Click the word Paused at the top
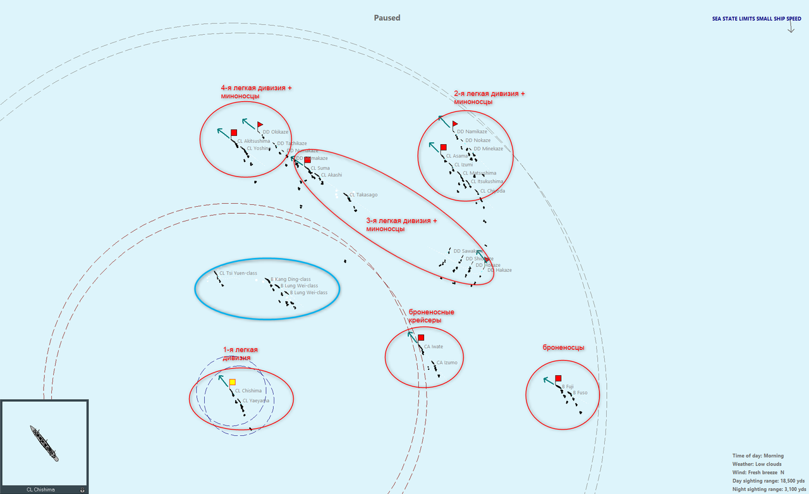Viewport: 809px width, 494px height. [x=387, y=18]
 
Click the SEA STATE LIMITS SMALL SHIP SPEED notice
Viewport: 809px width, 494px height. [x=757, y=19]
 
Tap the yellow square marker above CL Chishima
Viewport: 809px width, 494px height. [x=233, y=382]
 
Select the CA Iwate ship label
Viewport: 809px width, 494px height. [x=434, y=347]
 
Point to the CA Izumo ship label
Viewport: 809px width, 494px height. [x=446, y=362]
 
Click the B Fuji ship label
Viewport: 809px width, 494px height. [x=568, y=386]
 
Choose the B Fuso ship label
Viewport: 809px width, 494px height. [x=580, y=393]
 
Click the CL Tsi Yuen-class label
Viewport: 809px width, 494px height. [x=238, y=273]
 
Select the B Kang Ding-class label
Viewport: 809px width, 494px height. [x=291, y=279]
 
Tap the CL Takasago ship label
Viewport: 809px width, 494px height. [x=363, y=195]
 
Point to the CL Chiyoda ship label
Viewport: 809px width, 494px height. [x=492, y=190]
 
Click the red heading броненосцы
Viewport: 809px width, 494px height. [x=563, y=347]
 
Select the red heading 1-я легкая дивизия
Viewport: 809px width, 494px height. [x=241, y=354]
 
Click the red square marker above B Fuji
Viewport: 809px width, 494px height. [x=558, y=378]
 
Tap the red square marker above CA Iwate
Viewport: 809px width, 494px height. [x=421, y=338]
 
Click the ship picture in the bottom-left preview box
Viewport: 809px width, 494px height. [x=44, y=443]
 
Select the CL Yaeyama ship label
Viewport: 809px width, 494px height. [x=256, y=400]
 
